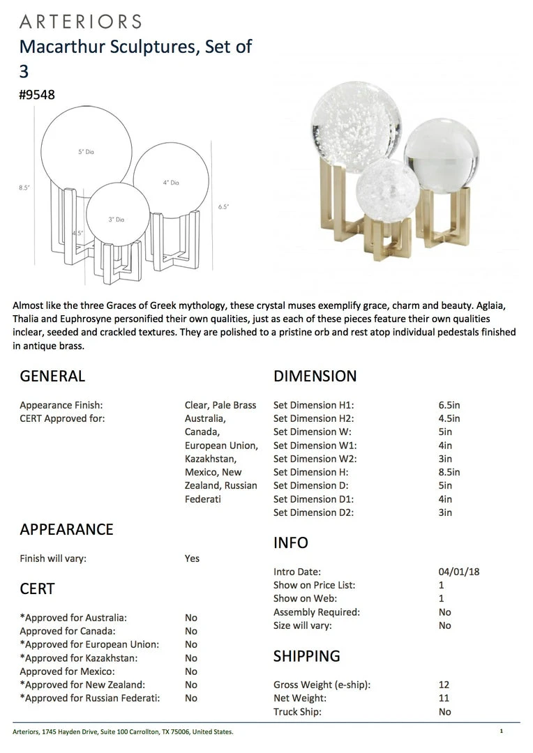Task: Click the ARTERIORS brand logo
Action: click(80, 22)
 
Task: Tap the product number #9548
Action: click(37, 95)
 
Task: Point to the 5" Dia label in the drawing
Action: click(86, 151)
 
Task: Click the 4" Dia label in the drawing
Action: click(171, 183)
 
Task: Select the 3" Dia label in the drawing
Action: click(116, 220)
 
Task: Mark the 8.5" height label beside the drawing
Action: click(24, 188)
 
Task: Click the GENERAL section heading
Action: click(52, 376)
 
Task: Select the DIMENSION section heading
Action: click(315, 376)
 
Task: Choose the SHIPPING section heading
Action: click(306, 656)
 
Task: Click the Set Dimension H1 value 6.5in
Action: click(449, 405)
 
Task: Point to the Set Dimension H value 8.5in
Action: click(449, 472)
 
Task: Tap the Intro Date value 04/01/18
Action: click(459, 572)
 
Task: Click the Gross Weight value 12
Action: click(444, 685)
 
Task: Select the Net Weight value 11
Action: click(444, 698)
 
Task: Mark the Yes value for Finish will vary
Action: click(192, 558)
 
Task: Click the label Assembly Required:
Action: click(316, 612)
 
